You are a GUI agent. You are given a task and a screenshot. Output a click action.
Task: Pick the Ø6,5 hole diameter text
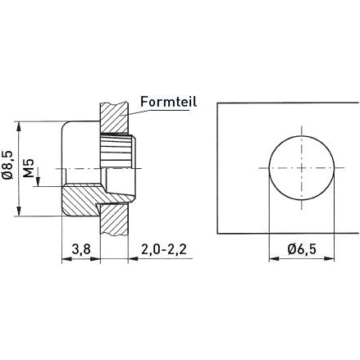(x=300, y=249)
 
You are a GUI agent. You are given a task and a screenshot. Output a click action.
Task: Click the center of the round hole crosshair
(x=302, y=167)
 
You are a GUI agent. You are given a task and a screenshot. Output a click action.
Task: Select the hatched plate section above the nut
(x=114, y=117)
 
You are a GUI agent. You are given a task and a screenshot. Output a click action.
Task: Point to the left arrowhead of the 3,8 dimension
(x=66, y=259)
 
